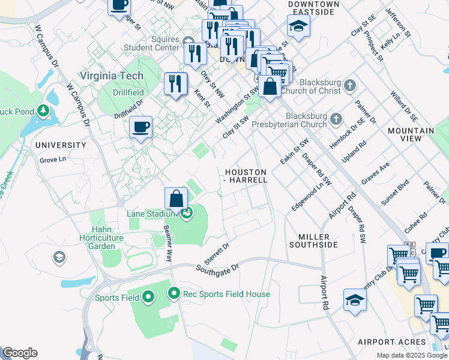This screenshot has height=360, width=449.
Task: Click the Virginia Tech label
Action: pyautogui.click(x=112, y=76)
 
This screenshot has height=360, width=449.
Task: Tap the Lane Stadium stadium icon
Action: pyautogui.click(x=187, y=212)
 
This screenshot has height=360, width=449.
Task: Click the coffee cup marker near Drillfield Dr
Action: pyautogui.click(x=141, y=128)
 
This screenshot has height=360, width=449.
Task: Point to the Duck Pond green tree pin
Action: pyautogui.click(x=43, y=111)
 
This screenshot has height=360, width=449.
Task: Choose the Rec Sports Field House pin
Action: pyautogui.click(x=174, y=293)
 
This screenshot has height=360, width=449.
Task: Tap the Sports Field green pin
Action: pyautogui.click(x=149, y=296)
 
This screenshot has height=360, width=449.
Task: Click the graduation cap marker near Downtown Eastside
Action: pyautogui.click(x=298, y=26)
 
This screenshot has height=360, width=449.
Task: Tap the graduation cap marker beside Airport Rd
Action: pyautogui.click(x=355, y=300)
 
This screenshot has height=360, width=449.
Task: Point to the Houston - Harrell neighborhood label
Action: pyautogui.click(x=246, y=175)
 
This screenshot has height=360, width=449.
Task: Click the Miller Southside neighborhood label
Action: pyautogui.click(x=313, y=240)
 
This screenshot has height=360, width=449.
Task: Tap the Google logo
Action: pyautogui.click(x=20, y=353)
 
